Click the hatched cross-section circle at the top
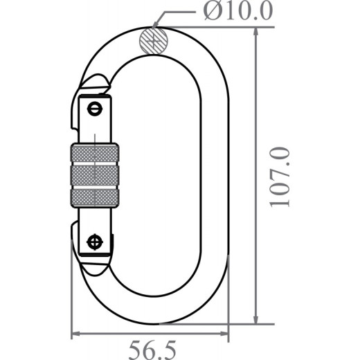click(x=153, y=39)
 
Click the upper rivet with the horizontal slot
click(x=94, y=108)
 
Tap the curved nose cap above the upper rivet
click(x=94, y=83)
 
